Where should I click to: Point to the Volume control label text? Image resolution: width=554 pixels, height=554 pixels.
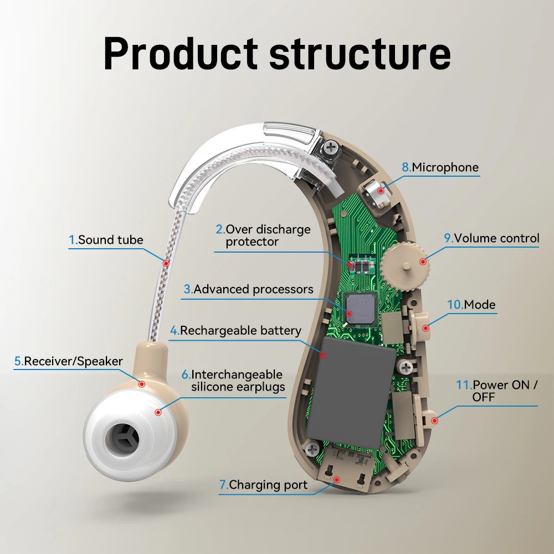click(x=491, y=238)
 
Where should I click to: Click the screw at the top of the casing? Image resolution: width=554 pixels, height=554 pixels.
click(x=331, y=147)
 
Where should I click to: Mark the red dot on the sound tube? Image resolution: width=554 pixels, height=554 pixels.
click(x=166, y=259)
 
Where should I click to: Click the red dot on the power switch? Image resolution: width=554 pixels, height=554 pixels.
click(x=434, y=420)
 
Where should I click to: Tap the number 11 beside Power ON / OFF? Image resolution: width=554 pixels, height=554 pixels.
click(x=463, y=384)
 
